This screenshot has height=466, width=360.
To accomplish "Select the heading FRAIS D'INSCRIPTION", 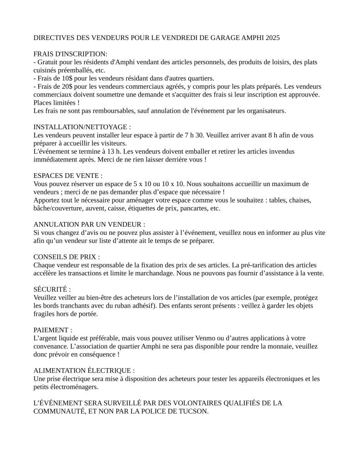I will [x=71, y=54].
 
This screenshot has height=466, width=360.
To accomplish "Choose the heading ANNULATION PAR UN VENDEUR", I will [x=90, y=224].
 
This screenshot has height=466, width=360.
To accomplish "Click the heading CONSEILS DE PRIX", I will [x=67, y=257].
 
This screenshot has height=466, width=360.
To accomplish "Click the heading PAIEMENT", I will [x=53, y=330].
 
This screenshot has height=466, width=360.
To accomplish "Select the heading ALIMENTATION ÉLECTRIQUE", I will [x=84, y=370].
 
